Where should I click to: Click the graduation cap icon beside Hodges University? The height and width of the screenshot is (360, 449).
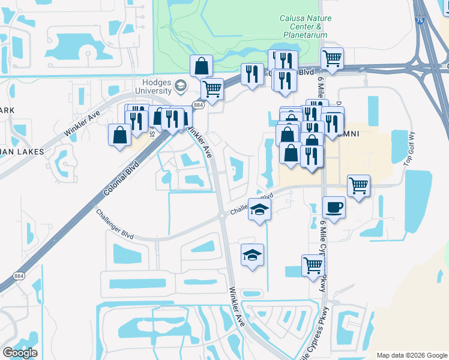pyautogui.click(x=179, y=87)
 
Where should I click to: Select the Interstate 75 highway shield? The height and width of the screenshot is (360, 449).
pyautogui.click(x=419, y=20)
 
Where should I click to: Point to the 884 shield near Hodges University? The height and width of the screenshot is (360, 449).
pyautogui.click(x=199, y=105)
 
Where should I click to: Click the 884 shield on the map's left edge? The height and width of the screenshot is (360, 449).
pyautogui.click(x=19, y=275)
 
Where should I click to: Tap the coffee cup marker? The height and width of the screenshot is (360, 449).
pyautogui.click(x=334, y=208)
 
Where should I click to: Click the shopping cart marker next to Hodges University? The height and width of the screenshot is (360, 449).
pyautogui.click(x=212, y=89)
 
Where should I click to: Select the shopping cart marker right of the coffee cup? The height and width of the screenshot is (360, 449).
pyautogui.click(x=358, y=186)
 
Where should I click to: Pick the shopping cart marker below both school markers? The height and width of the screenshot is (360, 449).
pyautogui.click(x=313, y=265)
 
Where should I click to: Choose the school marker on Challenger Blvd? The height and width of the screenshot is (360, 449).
pyautogui.click(x=259, y=209)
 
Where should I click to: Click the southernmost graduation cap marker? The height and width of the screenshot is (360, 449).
pyautogui.click(x=253, y=255)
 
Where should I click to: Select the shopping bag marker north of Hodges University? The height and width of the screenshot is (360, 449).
pyautogui.click(x=202, y=65)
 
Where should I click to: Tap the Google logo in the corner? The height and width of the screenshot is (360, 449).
pyautogui.click(x=20, y=353)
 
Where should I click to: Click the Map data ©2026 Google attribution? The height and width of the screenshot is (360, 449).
pyautogui.click(x=412, y=355)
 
